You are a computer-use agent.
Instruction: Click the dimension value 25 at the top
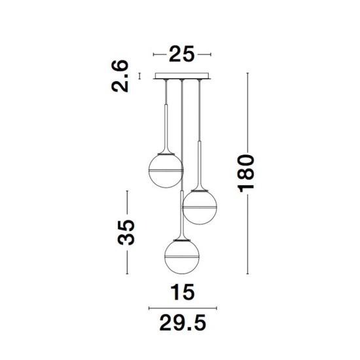pyautogui.click(x=181, y=54)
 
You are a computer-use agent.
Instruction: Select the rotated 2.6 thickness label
pyautogui.click(x=119, y=76)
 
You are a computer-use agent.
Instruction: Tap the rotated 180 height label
pyautogui.click(x=246, y=173)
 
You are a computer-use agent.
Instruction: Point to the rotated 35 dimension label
pyautogui.click(x=126, y=232)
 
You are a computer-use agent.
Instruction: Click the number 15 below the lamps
pyautogui.click(x=183, y=292)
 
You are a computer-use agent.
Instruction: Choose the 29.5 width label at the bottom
pyautogui.click(x=183, y=323)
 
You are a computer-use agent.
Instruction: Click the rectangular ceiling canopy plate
pyautogui.click(x=182, y=76)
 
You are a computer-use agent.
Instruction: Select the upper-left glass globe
pyautogui.click(x=166, y=171)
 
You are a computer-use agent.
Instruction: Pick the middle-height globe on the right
pyautogui.click(x=199, y=207)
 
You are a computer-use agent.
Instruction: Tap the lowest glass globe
pyautogui.click(x=182, y=257)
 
